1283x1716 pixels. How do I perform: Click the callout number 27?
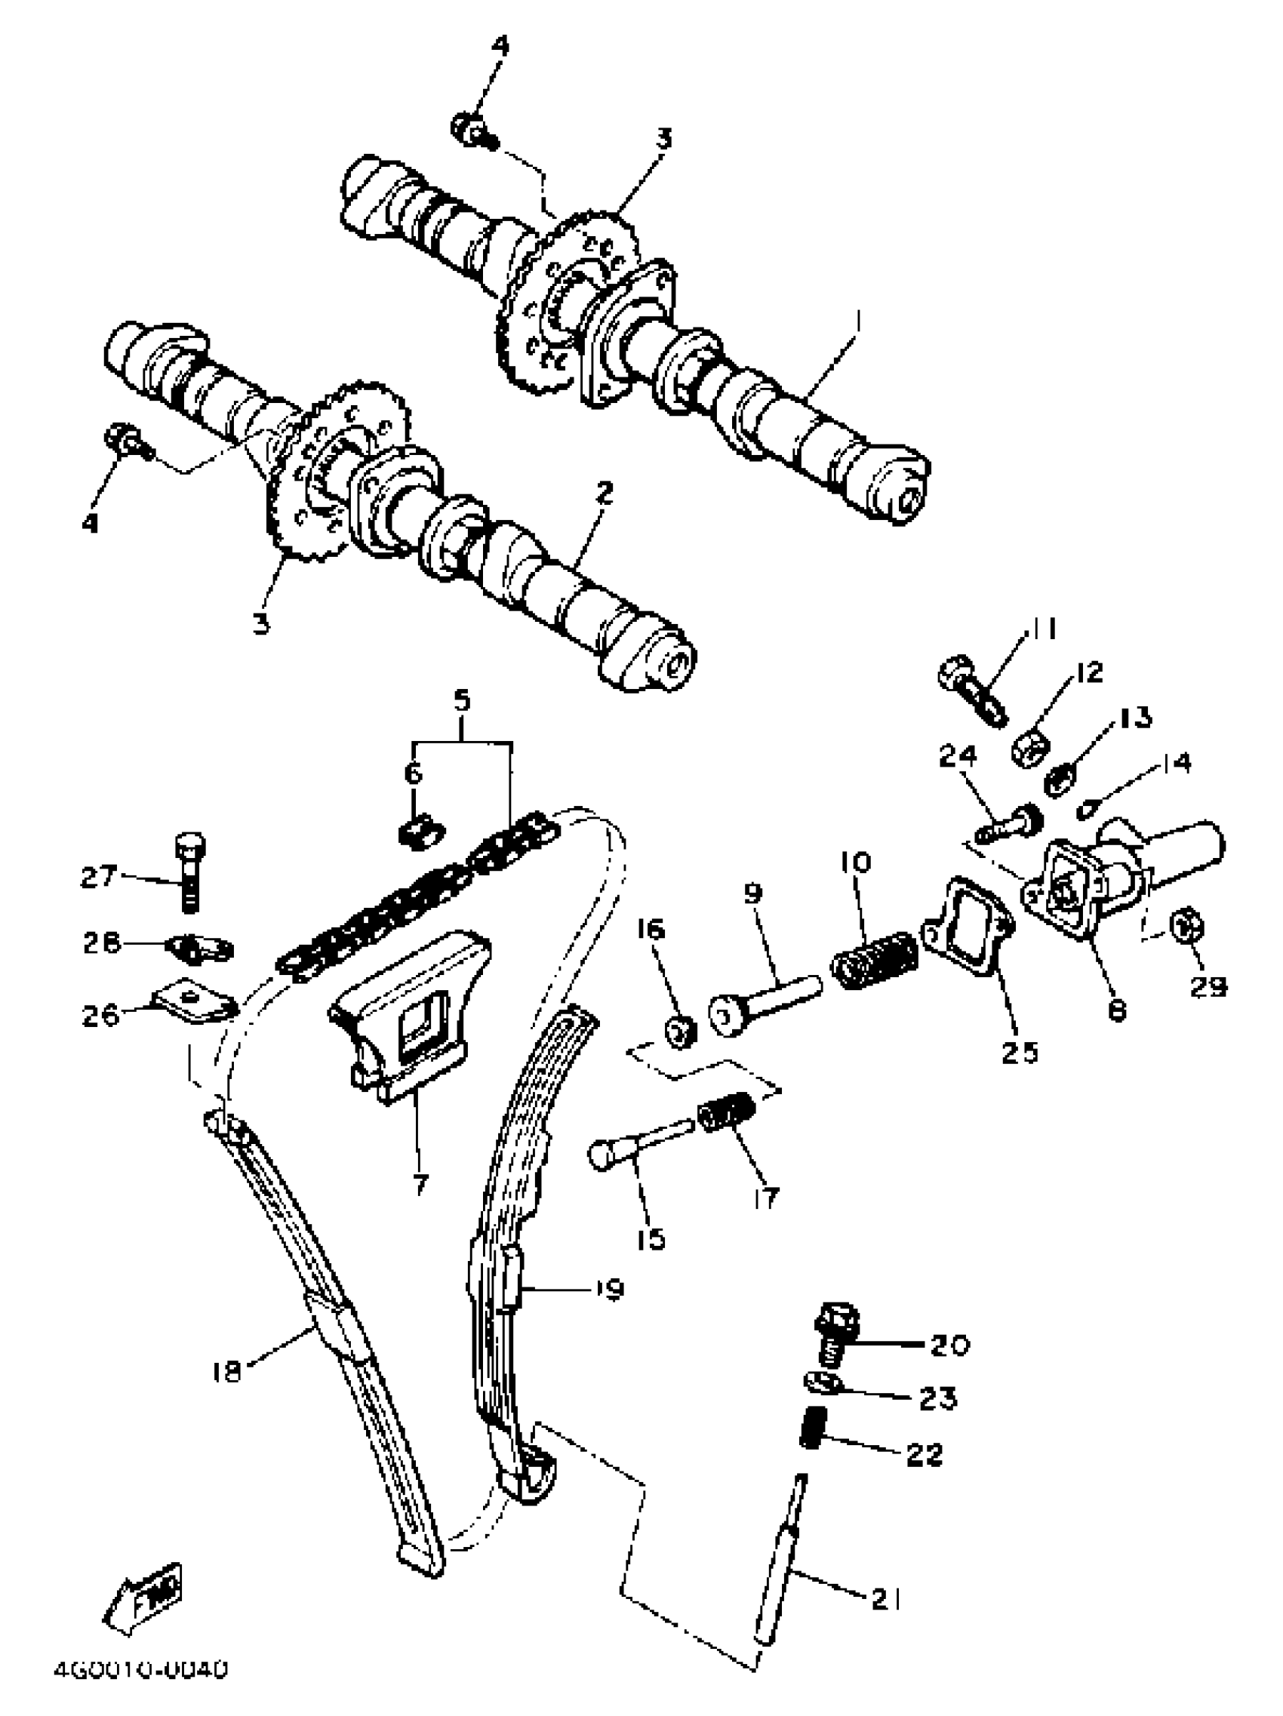(x=98, y=877)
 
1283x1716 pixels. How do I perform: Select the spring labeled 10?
(x=874, y=961)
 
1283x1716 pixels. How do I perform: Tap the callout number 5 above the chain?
(x=462, y=701)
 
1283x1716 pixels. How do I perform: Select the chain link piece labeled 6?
(x=420, y=832)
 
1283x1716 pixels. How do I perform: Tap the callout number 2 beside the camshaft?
(x=605, y=492)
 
